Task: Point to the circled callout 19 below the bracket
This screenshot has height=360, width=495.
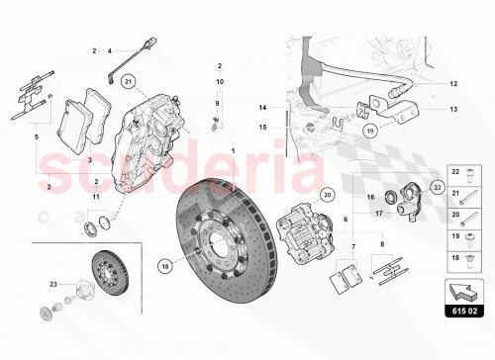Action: (x=368, y=129)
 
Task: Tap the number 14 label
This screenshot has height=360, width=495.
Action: (x=264, y=107)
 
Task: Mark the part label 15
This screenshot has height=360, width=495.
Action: (x=264, y=127)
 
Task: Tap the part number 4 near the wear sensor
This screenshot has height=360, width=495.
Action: (x=110, y=48)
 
